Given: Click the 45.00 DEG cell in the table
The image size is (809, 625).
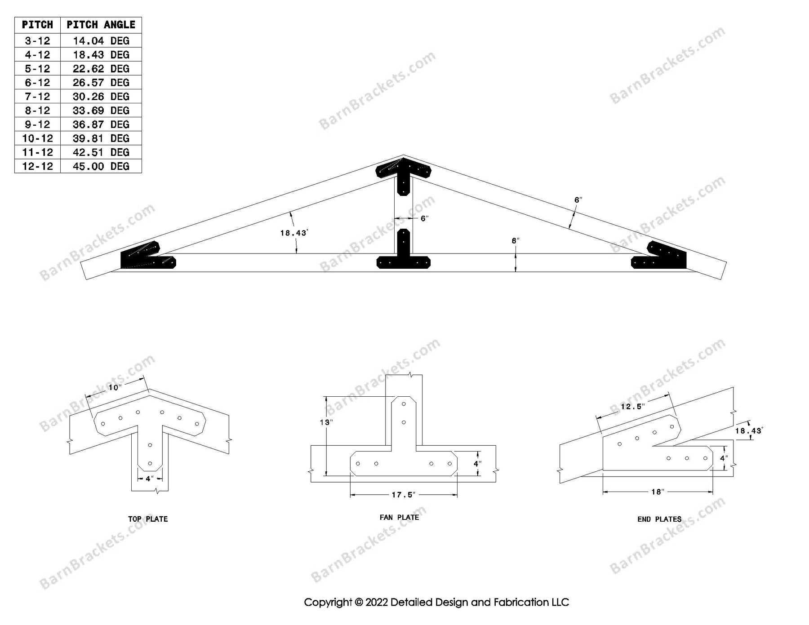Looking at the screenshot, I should (x=101, y=166).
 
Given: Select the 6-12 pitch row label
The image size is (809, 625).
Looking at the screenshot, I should (x=37, y=83).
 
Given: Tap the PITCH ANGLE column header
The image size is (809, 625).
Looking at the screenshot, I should (x=101, y=25).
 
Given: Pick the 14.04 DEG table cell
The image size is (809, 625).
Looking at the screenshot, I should (x=101, y=41).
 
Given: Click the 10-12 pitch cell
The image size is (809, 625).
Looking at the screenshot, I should (x=37, y=138).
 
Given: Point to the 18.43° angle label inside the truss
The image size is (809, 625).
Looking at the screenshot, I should (x=293, y=233).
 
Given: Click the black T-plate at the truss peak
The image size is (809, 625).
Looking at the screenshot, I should (x=403, y=173).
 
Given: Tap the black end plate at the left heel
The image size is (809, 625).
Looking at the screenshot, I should (x=146, y=257).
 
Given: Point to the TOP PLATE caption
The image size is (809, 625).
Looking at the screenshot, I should (x=148, y=519).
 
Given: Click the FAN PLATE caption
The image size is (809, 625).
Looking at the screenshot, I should (x=399, y=518).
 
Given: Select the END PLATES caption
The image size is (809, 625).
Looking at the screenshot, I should (x=659, y=519).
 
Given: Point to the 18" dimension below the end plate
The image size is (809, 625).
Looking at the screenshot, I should (x=657, y=492).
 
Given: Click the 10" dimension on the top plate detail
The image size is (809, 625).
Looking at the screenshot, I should (x=115, y=387).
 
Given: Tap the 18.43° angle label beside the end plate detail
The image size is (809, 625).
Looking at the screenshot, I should (x=748, y=431).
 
